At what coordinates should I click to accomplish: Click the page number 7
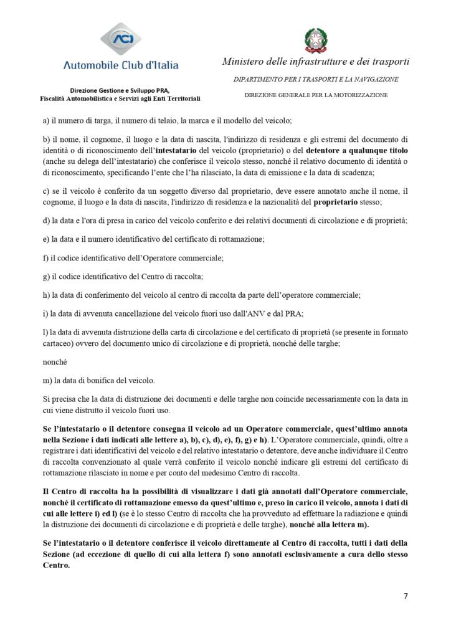(x=406, y=596)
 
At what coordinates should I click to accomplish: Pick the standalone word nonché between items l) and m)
(x=54, y=361)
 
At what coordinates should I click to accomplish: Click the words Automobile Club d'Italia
(x=121, y=65)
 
